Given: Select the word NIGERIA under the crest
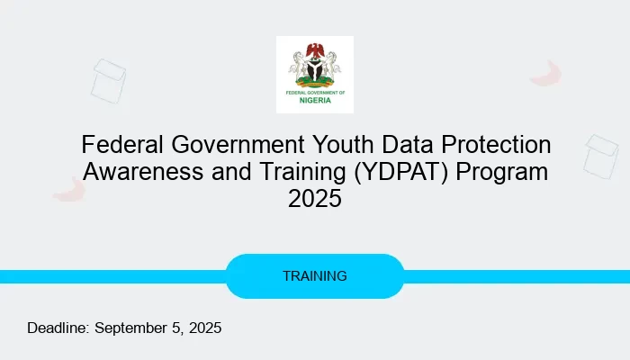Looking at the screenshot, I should pos(314,100).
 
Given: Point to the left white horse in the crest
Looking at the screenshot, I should pos(299,65).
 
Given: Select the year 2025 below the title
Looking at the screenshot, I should pos(314,199).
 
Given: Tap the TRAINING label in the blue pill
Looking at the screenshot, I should pos(314,276).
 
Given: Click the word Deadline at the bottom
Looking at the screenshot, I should pos(58,328).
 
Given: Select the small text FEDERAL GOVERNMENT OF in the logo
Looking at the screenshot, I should pos(314,91).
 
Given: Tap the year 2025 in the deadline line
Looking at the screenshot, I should pos(203,328).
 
